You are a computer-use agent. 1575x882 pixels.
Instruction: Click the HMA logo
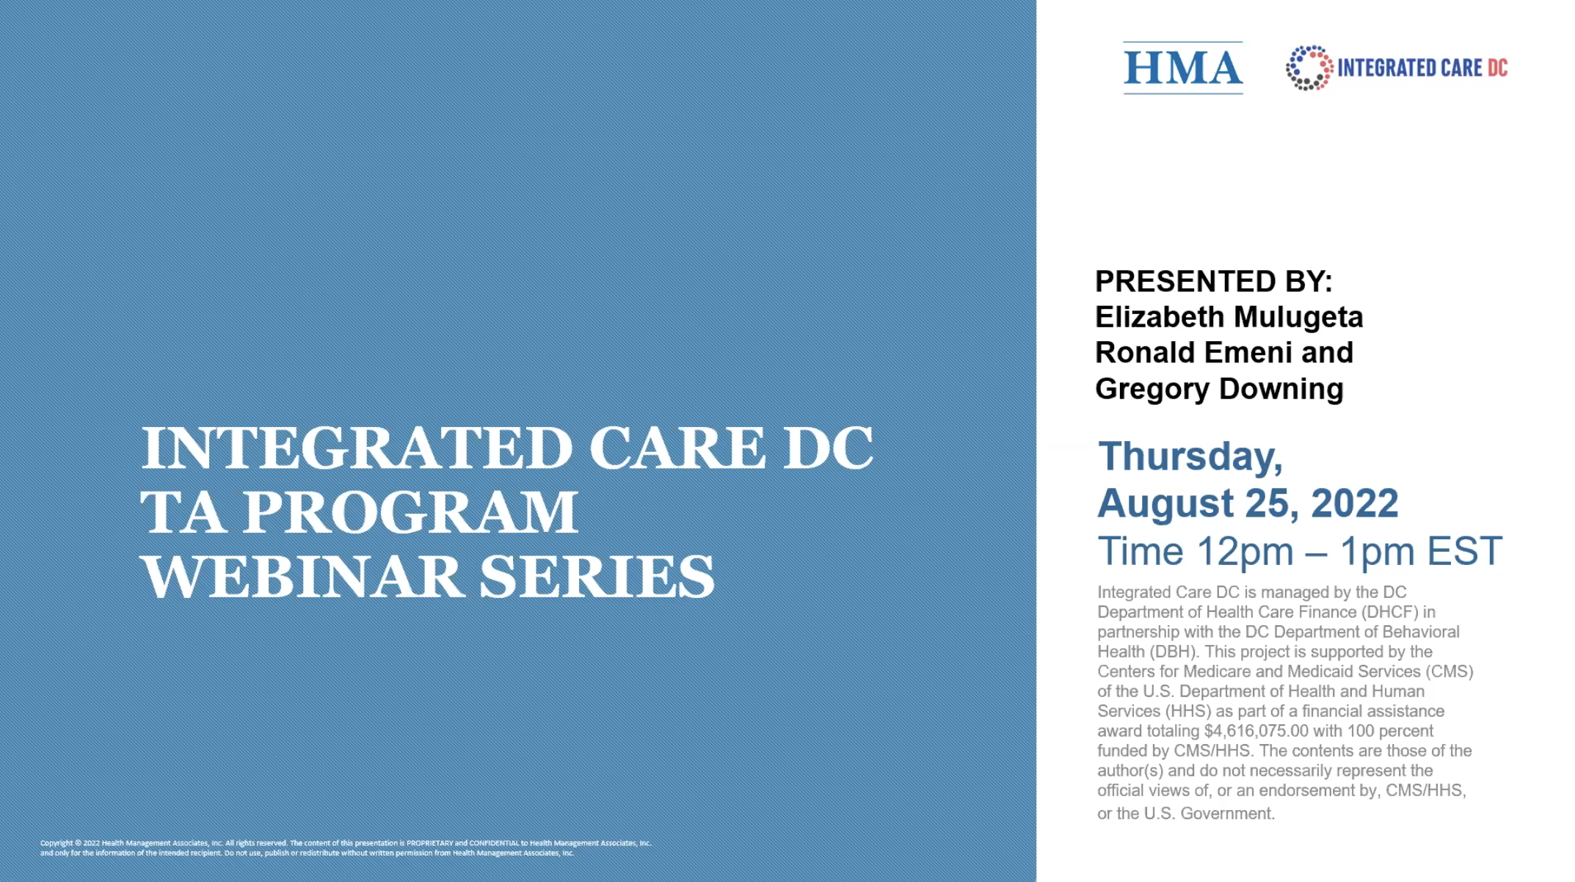click(x=1182, y=68)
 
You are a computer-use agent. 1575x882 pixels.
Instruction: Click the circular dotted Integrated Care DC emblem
click(x=1309, y=68)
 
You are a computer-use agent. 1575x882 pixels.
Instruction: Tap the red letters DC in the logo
click(x=1497, y=68)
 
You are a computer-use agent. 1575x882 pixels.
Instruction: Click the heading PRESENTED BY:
click(x=1213, y=281)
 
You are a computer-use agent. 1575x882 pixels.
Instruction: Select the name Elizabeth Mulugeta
click(x=1229, y=317)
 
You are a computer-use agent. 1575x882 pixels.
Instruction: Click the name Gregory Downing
click(x=1219, y=389)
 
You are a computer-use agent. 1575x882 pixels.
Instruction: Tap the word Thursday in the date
click(x=1190, y=456)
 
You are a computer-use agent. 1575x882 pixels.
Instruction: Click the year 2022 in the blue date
click(x=1354, y=503)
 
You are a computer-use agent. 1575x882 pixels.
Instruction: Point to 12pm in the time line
click(x=1245, y=551)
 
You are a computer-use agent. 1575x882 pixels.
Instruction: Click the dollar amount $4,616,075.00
click(x=1256, y=731)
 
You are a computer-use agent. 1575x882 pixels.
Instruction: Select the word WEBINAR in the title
click(x=302, y=577)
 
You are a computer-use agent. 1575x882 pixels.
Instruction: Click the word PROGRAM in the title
click(x=410, y=512)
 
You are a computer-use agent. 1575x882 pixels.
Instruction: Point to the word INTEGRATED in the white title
click(x=356, y=448)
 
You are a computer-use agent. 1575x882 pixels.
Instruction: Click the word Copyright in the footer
click(x=56, y=843)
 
